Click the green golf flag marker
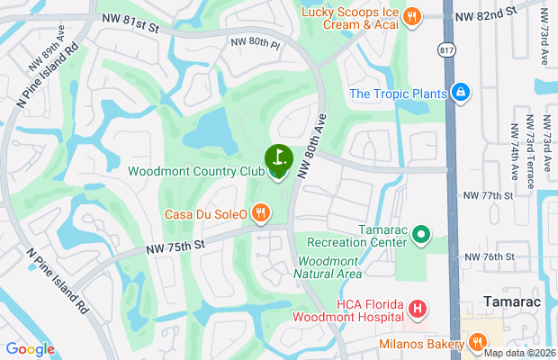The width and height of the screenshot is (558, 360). (279, 157)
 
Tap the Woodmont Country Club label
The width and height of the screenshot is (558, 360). (195, 171)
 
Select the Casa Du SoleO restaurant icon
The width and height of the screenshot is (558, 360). (260, 213)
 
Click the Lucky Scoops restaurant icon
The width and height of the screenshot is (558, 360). (411, 15)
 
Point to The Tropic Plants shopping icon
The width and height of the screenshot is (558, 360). (460, 93)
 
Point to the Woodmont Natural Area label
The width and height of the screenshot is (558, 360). (328, 267)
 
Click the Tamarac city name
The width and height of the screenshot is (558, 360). (511, 301)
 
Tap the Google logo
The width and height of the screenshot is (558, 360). (30, 349)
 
